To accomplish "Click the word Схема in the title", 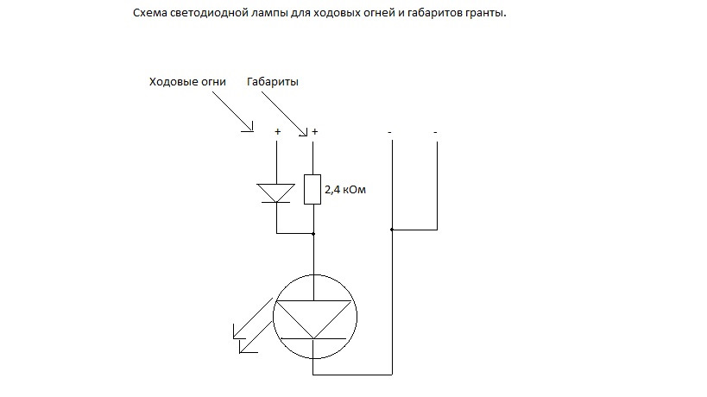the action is [153, 15].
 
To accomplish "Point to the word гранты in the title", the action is [482, 15].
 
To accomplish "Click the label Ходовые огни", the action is [188, 82].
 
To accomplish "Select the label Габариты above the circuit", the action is [273, 82].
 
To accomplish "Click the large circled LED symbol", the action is [313, 315].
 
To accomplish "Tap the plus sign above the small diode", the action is [277, 131].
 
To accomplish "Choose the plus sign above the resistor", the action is [314, 131].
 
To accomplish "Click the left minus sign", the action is [391, 131].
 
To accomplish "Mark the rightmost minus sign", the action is [436, 131].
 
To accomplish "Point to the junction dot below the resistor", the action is [313, 233].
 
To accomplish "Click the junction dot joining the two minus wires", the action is [392, 230].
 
